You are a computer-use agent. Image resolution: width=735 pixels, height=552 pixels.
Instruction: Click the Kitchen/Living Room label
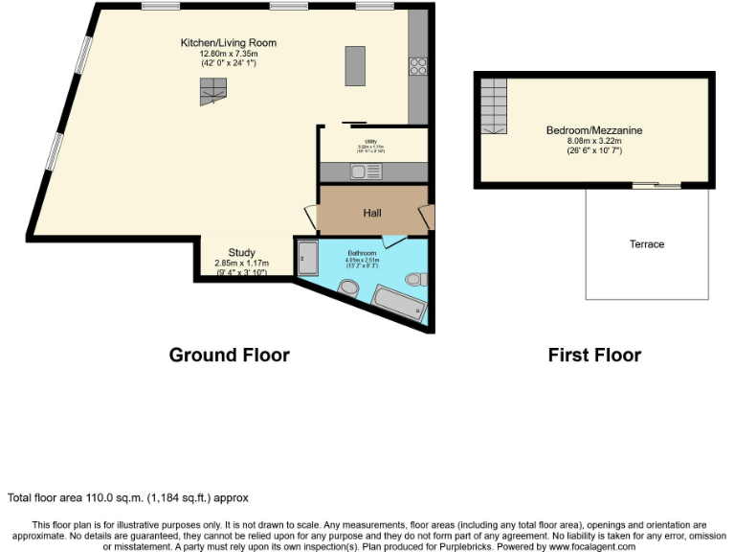coord(229,43)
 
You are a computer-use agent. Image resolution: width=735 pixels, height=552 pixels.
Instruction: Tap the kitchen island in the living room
coord(355,65)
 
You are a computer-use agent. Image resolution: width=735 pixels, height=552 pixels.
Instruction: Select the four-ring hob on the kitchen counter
coord(418,65)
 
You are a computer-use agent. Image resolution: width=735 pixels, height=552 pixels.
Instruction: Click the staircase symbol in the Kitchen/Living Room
coord(212,91)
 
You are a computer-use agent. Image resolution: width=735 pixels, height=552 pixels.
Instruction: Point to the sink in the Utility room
coord(365,172)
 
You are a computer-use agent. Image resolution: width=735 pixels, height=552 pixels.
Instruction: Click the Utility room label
coord(370,142)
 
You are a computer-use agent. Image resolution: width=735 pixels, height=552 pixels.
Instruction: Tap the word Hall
coord(373,213)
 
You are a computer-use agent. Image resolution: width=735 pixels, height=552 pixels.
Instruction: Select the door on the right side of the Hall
coord(425,217)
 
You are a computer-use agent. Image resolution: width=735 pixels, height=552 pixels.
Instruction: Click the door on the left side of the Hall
coord(310,219)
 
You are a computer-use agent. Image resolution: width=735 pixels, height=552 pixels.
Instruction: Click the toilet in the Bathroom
coord(413,279)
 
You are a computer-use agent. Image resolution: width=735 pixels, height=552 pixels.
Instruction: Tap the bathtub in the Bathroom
coord(398,303)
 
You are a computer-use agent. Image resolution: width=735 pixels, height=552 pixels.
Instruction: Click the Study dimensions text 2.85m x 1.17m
coord(241,264)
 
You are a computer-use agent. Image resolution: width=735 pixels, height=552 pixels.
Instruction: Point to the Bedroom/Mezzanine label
coord(594,130)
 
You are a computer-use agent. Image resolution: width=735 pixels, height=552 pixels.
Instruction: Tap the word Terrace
coord(647,244)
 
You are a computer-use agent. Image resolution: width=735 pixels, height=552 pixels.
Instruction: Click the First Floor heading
coord(594,355)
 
